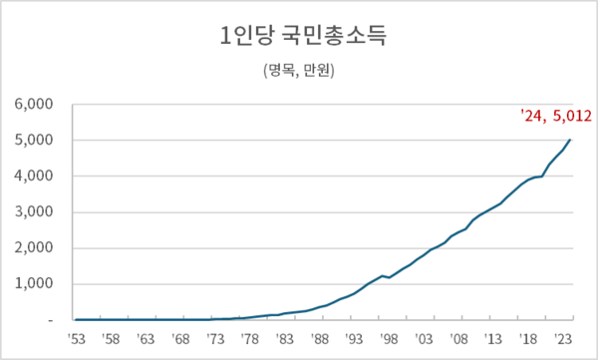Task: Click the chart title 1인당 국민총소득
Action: (x=299, y=38)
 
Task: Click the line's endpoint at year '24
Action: (x=571, y=140)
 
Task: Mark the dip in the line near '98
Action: (x=390, y=278)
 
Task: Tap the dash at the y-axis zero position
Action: (x=49, y=321)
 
